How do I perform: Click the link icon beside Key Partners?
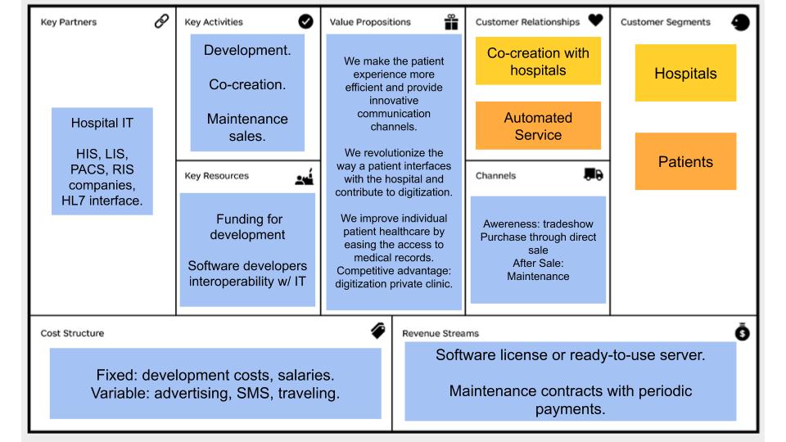click(x=161, y=22)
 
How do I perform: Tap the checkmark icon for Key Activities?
click(x=306, y=22)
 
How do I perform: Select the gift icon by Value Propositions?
click(x=450, y=22)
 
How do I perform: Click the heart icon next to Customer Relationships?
click(x=595, y=22)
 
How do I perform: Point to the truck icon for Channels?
click(x=594, y=174)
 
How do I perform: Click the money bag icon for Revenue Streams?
click(x=742, y=331)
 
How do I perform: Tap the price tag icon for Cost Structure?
click(x=377, y=331)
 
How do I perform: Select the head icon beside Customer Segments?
click(x=740, y=23)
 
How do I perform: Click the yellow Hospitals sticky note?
click(x=685, y=73)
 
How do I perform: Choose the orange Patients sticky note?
click(x=685, y=161)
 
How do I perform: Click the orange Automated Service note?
click(x=538, y=126)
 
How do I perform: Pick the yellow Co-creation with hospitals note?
click(x=538, y=61)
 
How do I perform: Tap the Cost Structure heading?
click(x=72, y=333)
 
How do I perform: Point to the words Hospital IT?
click(x=102, y=124)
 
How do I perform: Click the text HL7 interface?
click(x=102, y=201)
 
